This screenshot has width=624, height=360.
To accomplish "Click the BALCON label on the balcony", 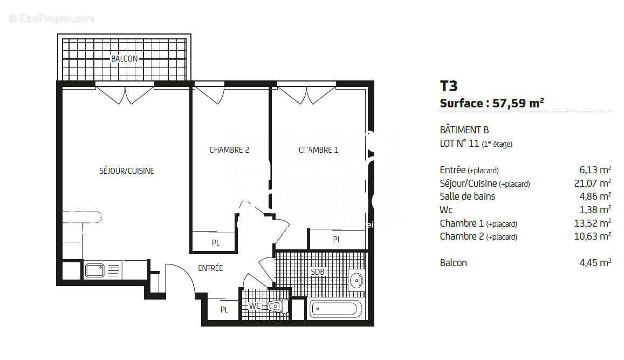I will click(124, 58).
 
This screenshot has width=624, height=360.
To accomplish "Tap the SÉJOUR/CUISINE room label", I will click(127, 171).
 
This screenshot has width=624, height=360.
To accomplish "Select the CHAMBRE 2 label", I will click(229, 150).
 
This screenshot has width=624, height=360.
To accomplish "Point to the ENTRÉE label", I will click(210, 268).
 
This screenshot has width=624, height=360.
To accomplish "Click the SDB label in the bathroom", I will click(318, 272).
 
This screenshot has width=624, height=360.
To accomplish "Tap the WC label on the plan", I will click(255, 306).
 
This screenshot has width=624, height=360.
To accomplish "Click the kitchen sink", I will click(95, 270).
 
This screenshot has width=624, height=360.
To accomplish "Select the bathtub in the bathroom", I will click(335, 310).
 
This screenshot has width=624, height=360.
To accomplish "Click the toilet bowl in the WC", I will click(275, 306).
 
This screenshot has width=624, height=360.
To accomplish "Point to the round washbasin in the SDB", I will click(356, 280).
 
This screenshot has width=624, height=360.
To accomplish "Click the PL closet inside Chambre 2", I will click(216, 243).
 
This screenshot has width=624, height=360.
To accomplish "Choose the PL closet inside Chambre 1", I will click(337, 240).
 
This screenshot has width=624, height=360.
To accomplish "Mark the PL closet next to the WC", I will click(224, 310).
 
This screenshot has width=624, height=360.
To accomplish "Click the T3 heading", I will click(449, 86).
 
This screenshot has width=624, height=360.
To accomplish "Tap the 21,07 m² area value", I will click(593, 184).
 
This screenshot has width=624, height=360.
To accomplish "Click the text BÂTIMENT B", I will click(464, 130).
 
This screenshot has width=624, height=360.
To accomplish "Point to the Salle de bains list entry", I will click(467, 196).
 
